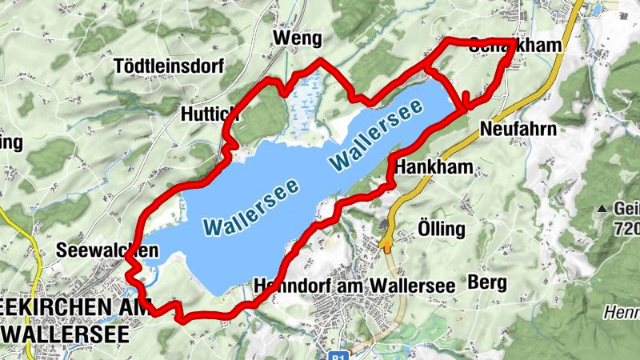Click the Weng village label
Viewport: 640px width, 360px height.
297,38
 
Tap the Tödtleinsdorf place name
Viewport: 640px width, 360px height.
169,66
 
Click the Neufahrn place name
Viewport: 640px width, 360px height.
517,128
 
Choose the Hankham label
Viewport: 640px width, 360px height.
434,167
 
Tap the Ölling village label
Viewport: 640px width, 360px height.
441,229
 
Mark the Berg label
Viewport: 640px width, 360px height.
487,282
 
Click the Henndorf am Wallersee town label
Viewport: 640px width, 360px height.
353,285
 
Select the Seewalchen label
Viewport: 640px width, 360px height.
107,251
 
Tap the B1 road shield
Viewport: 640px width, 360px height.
340,355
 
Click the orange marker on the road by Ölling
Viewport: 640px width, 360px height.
388,231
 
